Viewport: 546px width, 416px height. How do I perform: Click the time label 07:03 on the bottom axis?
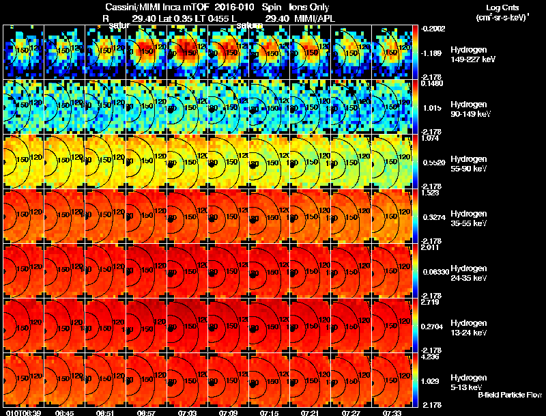click(187, 413)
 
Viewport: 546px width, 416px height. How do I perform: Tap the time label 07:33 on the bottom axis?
click(392, 413)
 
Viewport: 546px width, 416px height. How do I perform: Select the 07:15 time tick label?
click(269, 413)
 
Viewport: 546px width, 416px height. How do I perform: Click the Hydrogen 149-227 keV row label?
click(472, 55)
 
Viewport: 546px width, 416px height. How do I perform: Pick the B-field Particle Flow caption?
click(509, 395)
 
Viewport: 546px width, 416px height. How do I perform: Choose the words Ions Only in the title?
click(309, 7)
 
